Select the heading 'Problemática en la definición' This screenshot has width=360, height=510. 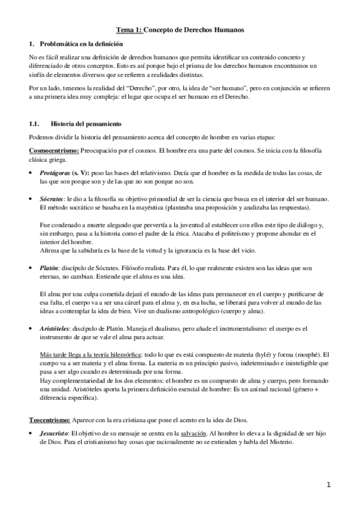80,44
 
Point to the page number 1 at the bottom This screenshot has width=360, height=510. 329,484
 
